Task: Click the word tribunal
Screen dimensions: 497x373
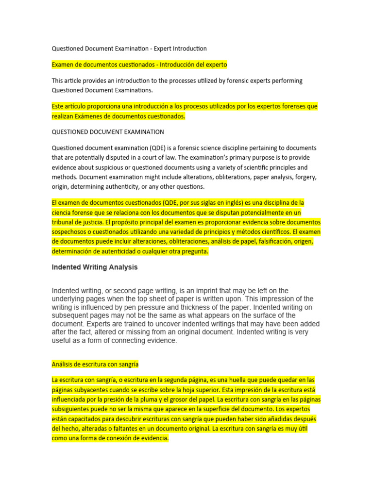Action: [64, 222]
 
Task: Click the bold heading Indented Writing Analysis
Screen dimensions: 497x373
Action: [95, 267]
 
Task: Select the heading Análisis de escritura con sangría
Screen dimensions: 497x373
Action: [95, 364]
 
